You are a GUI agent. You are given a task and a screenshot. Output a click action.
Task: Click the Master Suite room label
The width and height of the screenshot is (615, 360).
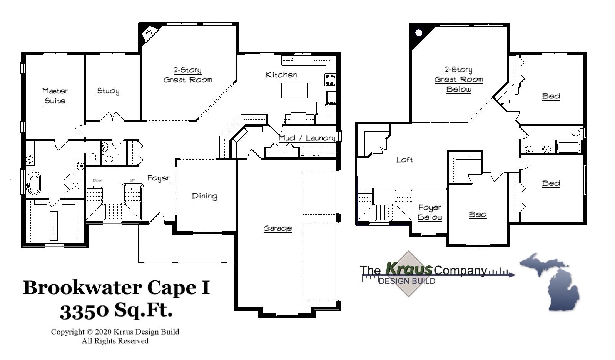tap(55, 96)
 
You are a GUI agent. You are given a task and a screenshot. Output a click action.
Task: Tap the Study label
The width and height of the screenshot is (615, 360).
tap(108, 91)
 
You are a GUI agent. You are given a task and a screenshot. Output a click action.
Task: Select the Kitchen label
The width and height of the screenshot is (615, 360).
tap(281, 75)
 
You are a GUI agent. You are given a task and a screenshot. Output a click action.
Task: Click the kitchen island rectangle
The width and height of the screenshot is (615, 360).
tap(294, 90)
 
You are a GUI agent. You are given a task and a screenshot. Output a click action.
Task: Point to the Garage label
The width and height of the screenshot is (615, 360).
tap(277, 228)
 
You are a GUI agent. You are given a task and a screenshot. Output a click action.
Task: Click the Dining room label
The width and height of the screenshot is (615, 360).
tap(204, 196)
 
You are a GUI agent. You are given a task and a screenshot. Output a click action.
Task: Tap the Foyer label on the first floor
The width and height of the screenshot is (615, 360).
tap(159, 178)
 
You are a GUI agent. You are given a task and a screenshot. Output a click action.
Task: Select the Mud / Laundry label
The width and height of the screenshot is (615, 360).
tap(307, 138)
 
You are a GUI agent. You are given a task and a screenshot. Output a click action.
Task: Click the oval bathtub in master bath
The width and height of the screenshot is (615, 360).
tap(34, 182)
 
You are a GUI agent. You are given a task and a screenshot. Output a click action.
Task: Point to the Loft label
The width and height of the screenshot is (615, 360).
tap(404, 160)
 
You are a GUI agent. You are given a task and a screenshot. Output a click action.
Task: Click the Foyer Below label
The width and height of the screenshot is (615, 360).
tap(430, 212)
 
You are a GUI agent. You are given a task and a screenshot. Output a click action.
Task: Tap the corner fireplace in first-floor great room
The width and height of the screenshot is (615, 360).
tap(149, 33)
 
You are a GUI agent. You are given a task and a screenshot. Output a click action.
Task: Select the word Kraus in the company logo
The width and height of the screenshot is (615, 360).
tap(409, 268)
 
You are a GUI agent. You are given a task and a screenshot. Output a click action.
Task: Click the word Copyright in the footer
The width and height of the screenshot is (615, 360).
tap(68, 332)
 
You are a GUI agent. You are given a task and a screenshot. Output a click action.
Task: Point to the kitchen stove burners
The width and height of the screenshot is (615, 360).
tap(330, 80)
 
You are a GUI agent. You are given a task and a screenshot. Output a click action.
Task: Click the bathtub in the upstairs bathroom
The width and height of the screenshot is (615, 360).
tap(568, 147)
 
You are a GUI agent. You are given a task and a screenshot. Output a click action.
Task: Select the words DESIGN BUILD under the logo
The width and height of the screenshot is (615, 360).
tap(407, 281)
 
